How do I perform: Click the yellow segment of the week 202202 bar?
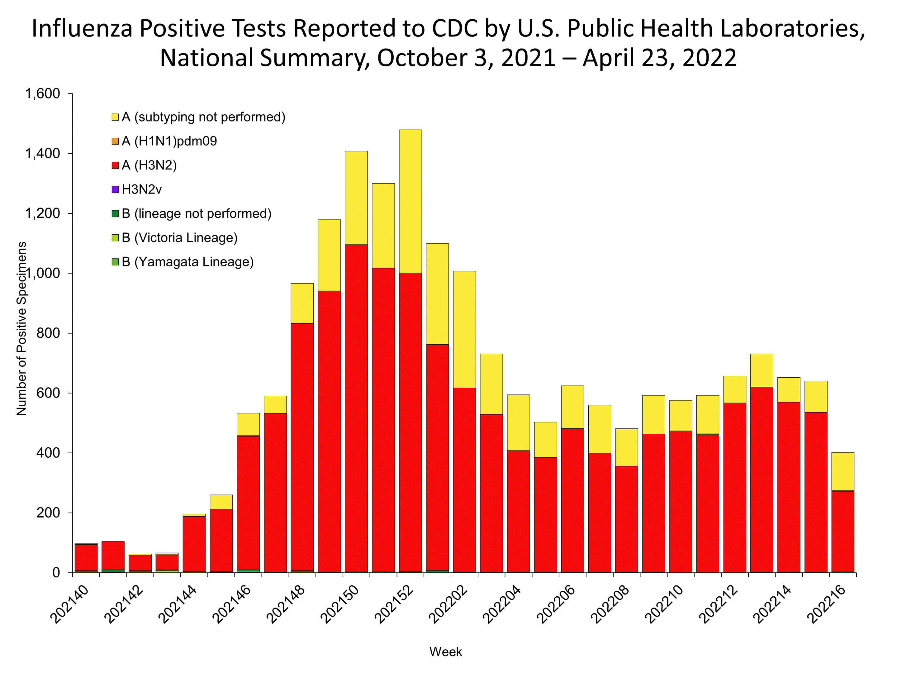[x=464, y=329]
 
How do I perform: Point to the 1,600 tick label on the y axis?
[x=43, y=94]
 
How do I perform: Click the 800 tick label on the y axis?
[x=48, y=333]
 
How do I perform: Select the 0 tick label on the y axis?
[x=56, y=573]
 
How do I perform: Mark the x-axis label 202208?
[x=610, y=604]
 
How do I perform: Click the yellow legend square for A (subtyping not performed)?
[x=115, y=117]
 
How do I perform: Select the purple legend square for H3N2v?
[x=115, y=189]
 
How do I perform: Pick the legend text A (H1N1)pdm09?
[x=169, y=141]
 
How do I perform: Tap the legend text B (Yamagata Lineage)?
[x=187, y=262]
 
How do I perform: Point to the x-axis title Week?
[x=445, y=652]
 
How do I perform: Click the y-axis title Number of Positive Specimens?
[x=21, y=329]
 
